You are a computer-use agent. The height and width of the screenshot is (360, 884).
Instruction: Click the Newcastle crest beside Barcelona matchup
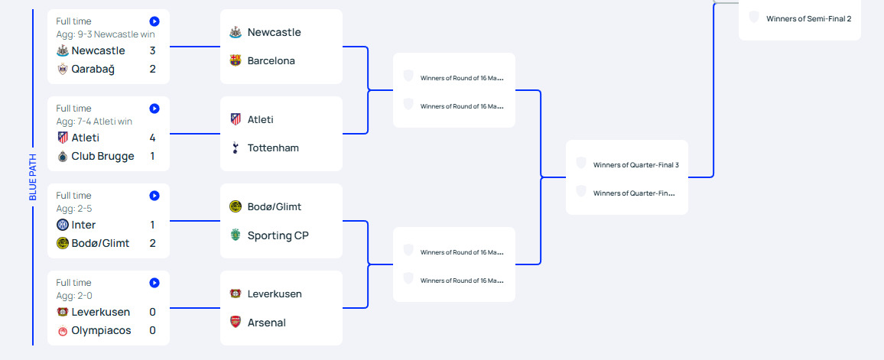236,32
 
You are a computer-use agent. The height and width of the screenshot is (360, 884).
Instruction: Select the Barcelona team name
271,60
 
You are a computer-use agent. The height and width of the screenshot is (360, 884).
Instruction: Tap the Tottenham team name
273,148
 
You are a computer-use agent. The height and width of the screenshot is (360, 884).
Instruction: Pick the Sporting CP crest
236,235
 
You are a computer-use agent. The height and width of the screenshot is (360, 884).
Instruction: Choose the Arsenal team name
266,323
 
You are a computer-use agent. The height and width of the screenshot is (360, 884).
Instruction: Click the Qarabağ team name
93,69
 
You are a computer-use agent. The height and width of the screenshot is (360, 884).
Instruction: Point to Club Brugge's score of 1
153,156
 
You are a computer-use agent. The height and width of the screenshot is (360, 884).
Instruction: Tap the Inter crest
63,225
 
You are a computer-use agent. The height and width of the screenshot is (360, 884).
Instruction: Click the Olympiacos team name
101,330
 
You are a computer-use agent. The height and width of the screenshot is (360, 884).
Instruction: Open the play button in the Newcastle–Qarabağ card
154,21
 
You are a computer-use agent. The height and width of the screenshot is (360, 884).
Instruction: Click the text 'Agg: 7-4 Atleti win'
94,121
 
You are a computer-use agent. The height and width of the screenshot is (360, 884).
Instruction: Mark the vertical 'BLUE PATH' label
33,177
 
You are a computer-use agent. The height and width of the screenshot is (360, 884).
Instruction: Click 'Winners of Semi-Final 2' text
808,18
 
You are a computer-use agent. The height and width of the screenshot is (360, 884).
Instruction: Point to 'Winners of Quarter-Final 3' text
635,164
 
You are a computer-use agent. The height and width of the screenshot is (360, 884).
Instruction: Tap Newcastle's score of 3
153,50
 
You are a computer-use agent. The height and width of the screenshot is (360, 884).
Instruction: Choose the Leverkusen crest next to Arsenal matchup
236,294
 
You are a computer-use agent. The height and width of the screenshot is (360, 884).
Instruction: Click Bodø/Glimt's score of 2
153,243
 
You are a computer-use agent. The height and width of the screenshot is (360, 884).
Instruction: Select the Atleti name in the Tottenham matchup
260,119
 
